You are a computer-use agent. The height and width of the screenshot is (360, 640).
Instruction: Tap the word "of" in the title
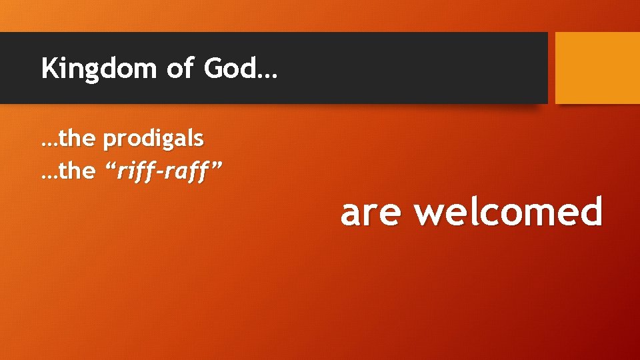[179, 68]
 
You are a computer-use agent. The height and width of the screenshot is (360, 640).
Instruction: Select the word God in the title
[227, 68]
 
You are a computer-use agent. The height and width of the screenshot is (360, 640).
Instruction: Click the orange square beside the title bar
[597, 68]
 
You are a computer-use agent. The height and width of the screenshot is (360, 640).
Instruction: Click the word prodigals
[153, 139]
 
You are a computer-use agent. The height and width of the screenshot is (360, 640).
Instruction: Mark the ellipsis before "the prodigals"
[49, 144]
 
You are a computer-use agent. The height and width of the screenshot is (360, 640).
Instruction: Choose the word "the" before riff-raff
[78, 171]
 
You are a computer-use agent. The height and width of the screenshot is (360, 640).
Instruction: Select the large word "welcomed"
[508, 211]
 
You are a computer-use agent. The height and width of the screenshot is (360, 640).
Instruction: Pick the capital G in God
[212, 68]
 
